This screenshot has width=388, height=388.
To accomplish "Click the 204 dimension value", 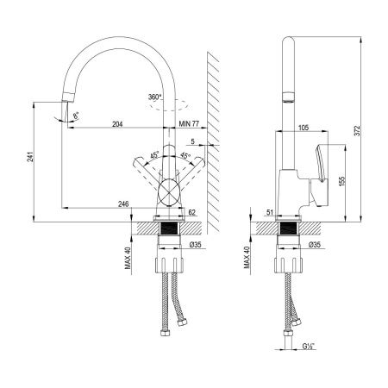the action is coord(117,124).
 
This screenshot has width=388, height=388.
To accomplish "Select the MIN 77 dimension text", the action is coord(189,124).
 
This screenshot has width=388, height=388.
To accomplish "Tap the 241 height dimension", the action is coord(30,157).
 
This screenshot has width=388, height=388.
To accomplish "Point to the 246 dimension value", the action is coord(123,203).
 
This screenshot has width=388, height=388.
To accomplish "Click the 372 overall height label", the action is coord(357,131).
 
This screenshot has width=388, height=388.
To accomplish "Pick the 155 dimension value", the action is coord(341,181).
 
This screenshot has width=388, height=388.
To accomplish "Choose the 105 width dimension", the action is coord(304,128).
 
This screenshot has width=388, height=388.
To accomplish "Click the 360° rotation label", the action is coord(155,97).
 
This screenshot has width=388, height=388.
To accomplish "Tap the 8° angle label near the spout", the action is coord(76,116).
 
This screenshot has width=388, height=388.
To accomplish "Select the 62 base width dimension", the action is coord(191,212).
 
